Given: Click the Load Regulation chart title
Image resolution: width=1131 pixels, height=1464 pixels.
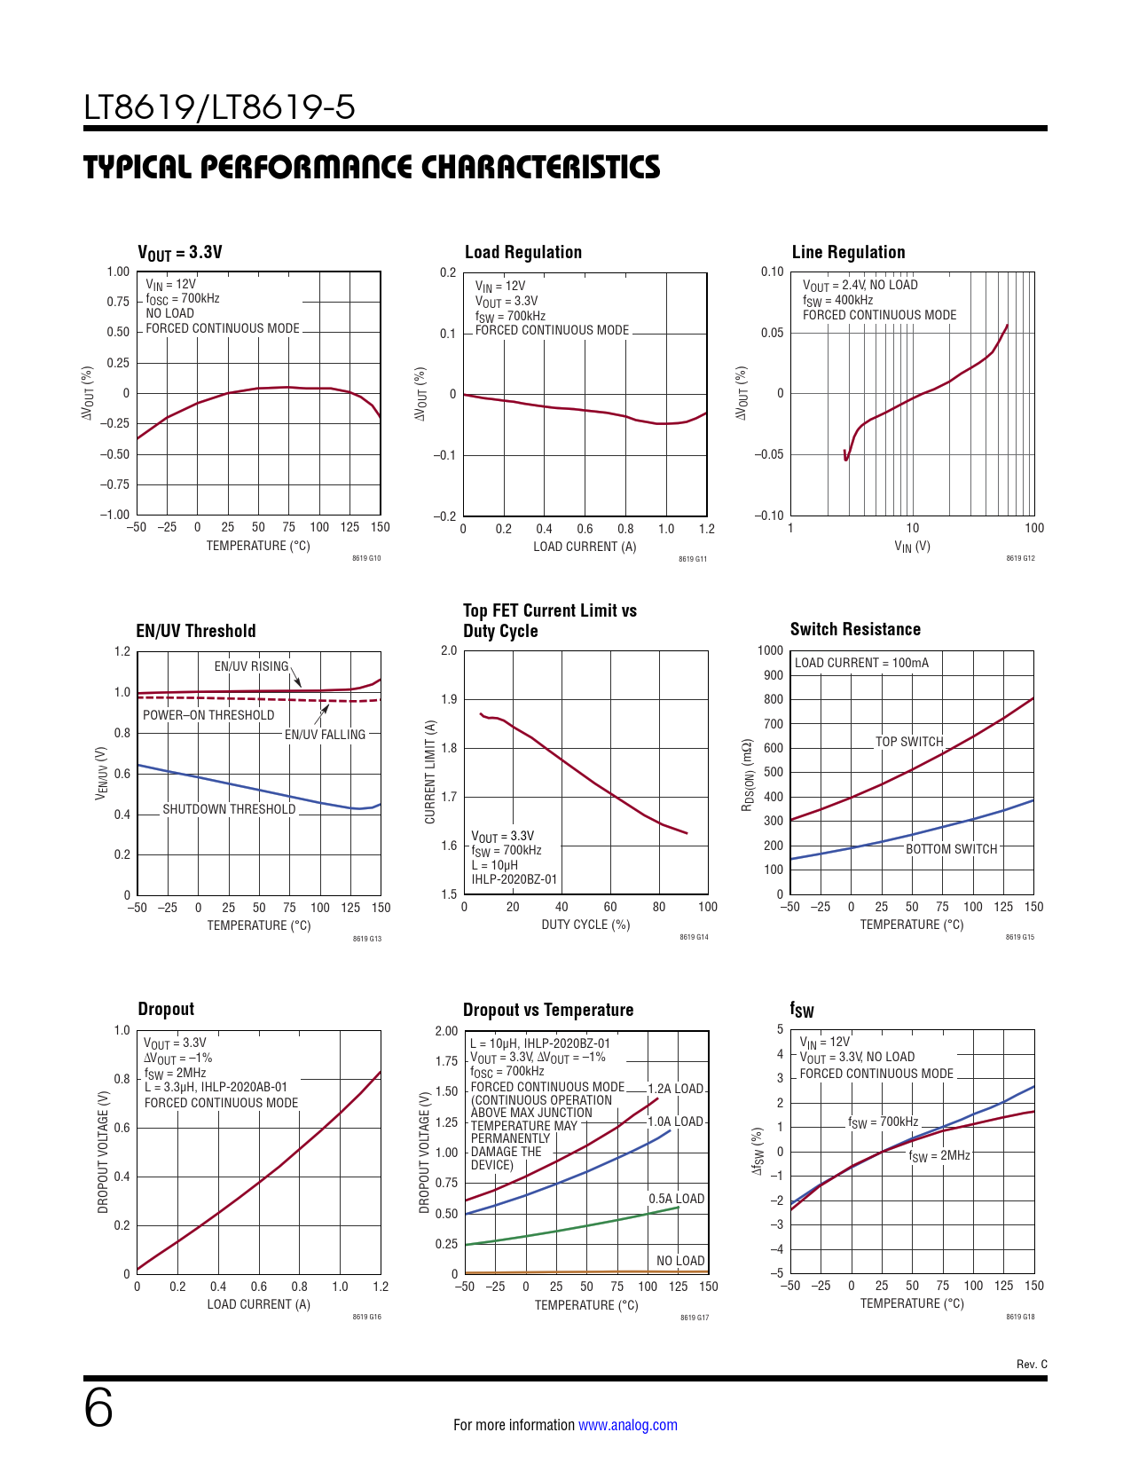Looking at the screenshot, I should pyautogui.click(x=523, y=252).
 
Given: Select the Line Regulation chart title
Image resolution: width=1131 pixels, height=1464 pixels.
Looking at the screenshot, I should pyautogui.click(x=848, y=252).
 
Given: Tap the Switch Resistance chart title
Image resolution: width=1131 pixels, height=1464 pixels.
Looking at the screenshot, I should pyautogui.click(x=855, y=629).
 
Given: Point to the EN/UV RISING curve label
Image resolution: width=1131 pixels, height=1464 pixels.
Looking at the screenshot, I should pyautogui.click(x=251, y=666).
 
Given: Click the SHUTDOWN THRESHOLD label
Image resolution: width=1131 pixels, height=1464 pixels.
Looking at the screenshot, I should pyautogui.click(x=229, y=809).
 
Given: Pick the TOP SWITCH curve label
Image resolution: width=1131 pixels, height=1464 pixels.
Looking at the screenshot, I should pyautogui.click(x=909, y=742).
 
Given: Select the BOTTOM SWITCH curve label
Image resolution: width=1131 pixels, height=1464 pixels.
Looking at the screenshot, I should pyautogui.click(x=951, y=849).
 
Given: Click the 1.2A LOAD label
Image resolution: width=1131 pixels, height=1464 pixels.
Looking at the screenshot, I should pyautogui.click(x=675, y=1089).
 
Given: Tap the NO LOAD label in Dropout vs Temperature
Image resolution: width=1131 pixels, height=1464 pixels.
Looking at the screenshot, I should pyautogui.click(x=680, y=1261).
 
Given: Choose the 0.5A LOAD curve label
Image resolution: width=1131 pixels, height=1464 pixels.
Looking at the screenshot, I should pyautogui.click(x=676, y=1199).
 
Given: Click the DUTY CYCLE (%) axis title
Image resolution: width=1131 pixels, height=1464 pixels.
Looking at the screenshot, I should pyautogui.click(x=585, y=925).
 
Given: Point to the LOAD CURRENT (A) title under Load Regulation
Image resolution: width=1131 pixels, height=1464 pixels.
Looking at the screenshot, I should pyautogui.click(x=585, y=547).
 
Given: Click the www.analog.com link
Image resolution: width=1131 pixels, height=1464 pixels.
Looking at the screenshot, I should pyautogui.click(x=628, y=1425).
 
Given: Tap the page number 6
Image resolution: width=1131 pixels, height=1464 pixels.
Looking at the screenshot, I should pyautogui.click(x=98, y=1408).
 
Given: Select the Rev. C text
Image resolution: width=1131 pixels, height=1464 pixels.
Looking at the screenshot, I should pyautogui.click(x=1032, y=1365).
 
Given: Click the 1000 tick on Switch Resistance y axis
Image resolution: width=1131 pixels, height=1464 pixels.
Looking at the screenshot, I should pyautogui.click(x=770, y=650).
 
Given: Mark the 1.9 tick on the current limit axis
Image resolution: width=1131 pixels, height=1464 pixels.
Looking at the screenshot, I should pyautogui.click(x=449, y=699).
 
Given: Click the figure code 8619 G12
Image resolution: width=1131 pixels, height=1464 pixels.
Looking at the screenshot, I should pyautogui.click(x=1020, y=558).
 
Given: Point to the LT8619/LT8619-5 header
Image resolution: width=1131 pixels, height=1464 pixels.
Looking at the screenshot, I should pyautogui.click(x=219, y=107).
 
